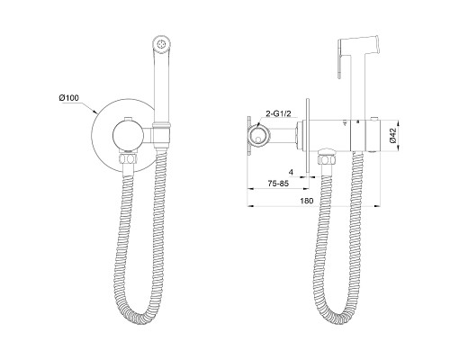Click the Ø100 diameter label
[69, 98]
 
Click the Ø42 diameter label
[393, 135]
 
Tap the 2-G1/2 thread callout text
[279, 113]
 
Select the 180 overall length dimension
[307, 201]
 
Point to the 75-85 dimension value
[278, 184]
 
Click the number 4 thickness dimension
[291, 172]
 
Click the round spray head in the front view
[162, 44]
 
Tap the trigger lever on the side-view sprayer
[340, 59]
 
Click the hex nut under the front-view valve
[129, 158]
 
